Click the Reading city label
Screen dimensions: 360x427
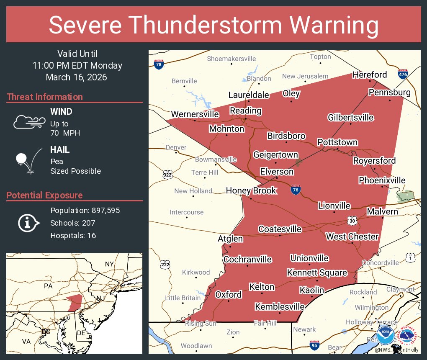246,111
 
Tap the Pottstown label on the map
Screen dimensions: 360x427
337,142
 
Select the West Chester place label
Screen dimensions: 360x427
352,237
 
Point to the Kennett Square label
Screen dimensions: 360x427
317,273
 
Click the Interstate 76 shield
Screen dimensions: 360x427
295,190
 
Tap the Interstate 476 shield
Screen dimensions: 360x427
403,74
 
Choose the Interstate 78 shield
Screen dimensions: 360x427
158,64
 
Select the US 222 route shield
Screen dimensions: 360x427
165,264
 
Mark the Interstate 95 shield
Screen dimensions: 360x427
314,345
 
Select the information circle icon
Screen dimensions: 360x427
28,223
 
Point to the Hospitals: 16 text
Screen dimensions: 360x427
73,236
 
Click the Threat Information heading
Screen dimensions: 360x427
45,97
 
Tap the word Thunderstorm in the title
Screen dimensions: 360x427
213,25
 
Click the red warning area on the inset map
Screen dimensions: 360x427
75,301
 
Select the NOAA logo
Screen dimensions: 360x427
385,335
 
